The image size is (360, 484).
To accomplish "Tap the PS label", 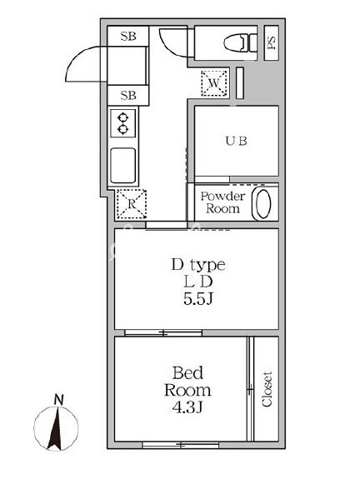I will [272, 42].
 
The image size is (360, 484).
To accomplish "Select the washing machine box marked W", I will [214, 82].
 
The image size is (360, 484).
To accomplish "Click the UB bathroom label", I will [235, 141].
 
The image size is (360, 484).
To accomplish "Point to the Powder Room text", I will [222, 202].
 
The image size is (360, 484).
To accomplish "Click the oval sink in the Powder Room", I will [263, 203].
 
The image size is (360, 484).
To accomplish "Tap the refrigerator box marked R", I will [131, 202].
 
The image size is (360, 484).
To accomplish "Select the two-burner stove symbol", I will [123, 123].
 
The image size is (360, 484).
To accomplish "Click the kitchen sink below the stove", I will [123, 165].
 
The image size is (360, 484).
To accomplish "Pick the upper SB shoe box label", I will [128, 36].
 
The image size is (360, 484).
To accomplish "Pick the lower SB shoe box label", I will [128, 95].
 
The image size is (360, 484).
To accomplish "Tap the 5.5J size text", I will [198, 298].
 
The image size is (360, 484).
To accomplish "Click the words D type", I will [198, 265].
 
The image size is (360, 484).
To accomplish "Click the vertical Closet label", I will [267, 388].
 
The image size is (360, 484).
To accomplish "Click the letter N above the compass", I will [57, 400].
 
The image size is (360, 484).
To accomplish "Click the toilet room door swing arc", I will [173, 46].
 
